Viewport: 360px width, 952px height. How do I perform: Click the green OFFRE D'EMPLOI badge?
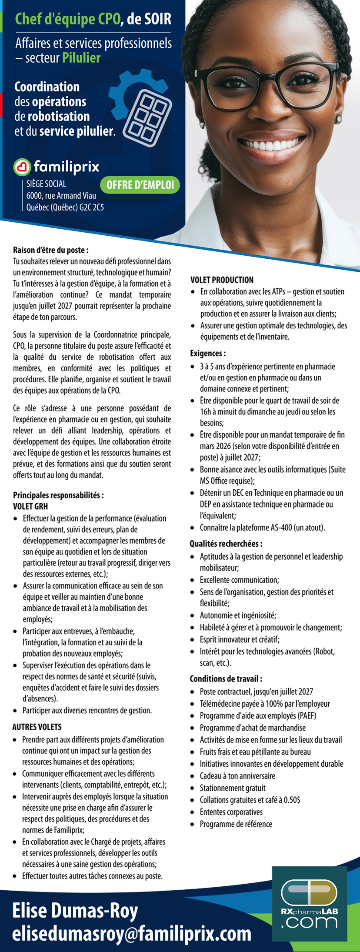tap(140, 185)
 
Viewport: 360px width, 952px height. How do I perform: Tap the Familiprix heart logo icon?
tap(22, 167)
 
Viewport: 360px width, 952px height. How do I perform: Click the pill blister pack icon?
tap(147, 118)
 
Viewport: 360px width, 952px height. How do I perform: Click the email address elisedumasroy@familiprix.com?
tap(132, 933)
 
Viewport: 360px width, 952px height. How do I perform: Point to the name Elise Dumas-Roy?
tap(75, 910)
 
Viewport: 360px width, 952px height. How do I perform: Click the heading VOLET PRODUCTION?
tap(222, 280)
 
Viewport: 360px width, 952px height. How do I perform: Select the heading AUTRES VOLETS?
tap(37, 727)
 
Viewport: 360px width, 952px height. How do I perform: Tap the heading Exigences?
tap(208, 354)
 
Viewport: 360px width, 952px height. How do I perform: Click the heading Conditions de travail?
tap(226, 678)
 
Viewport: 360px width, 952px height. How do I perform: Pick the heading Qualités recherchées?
tap(226, 544)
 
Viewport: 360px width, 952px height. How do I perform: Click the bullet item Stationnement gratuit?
tap(232, 788)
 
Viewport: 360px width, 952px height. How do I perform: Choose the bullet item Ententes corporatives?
tap(231, 812)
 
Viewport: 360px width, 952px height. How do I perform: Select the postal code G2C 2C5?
tap(92, 207)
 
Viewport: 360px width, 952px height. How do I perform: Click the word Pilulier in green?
tap(81, 58)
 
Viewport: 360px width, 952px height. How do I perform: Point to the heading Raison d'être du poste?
tap(51, 250)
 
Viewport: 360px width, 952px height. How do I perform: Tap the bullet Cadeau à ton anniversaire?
tap(237, 776)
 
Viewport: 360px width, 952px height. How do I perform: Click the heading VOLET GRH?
tap(30, 506)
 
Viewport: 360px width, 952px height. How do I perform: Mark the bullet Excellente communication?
tap(239, 580)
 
